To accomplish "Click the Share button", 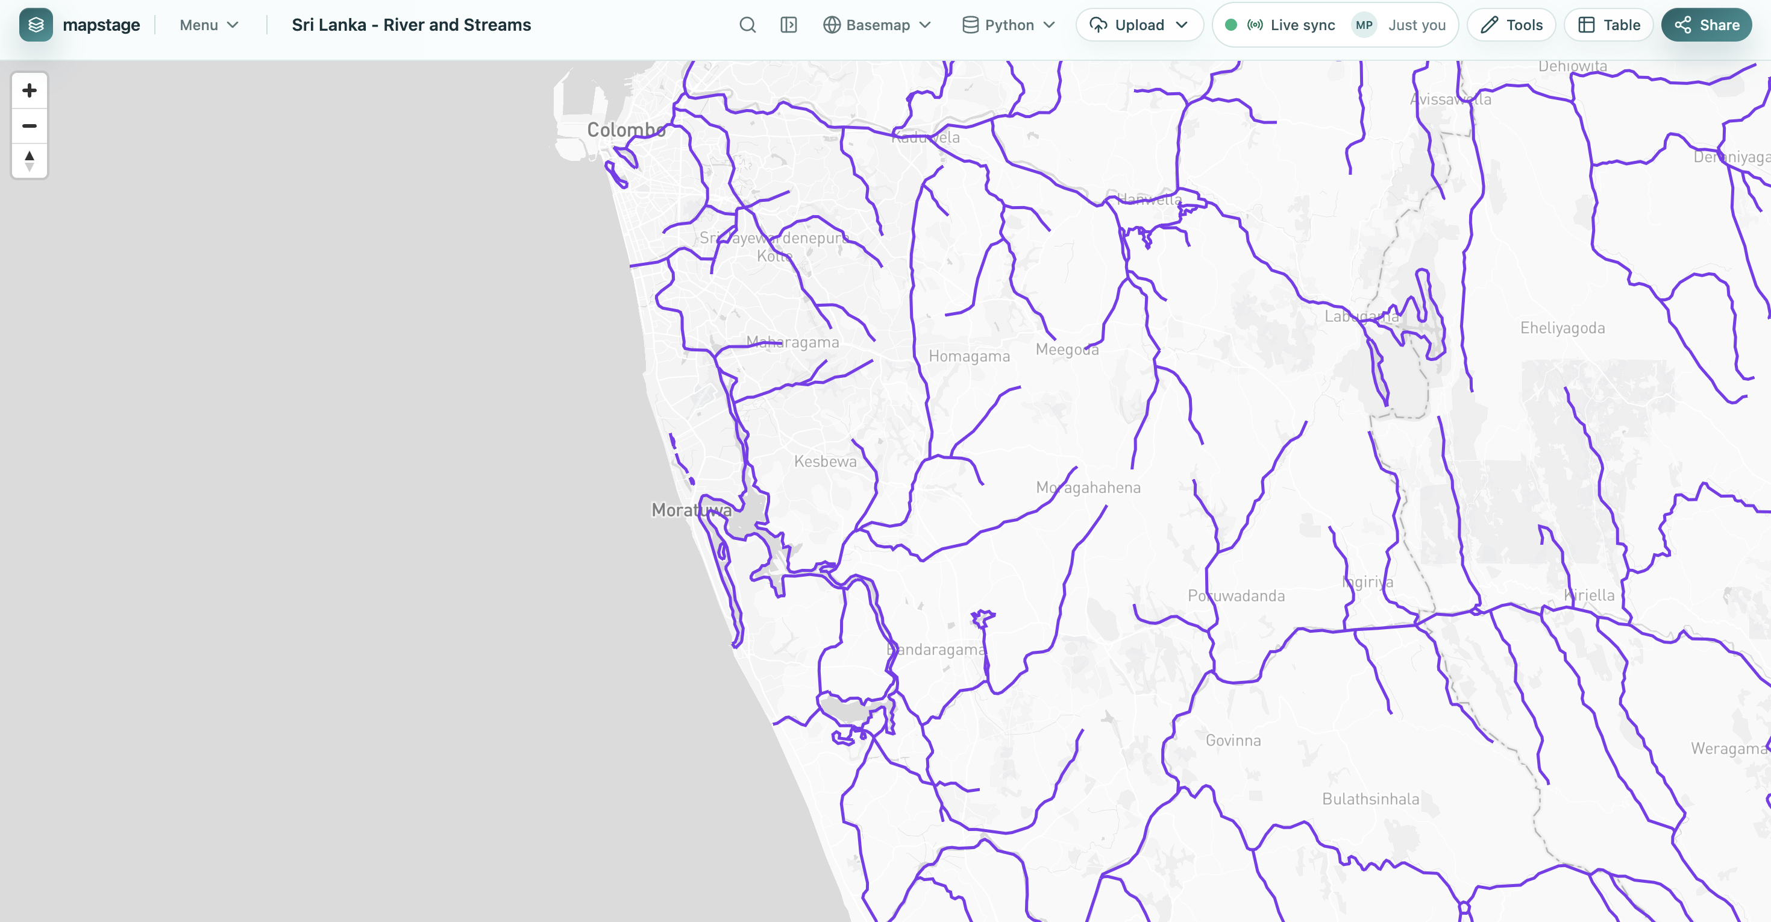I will click(1706, 25).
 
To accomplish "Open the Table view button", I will click(1608, 25).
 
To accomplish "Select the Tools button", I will click(1511, 25).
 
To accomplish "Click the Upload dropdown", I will click(1139, 25).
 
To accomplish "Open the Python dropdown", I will click(1009, 25).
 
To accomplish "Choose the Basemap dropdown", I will click(877, 25).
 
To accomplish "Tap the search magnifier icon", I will click(747, 25).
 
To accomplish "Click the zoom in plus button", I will click(29, 90).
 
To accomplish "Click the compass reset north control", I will click(29, 161).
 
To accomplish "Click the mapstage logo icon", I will click(36, 25).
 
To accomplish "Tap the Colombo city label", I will click(625, 130).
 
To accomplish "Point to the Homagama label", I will click(969, 356).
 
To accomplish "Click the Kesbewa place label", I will click(825, 462).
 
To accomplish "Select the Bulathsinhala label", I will click(1370, 799).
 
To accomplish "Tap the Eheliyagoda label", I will click(1562, 328).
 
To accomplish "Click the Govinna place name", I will click(1233, 741).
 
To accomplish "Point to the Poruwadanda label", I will click(1236, 595).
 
